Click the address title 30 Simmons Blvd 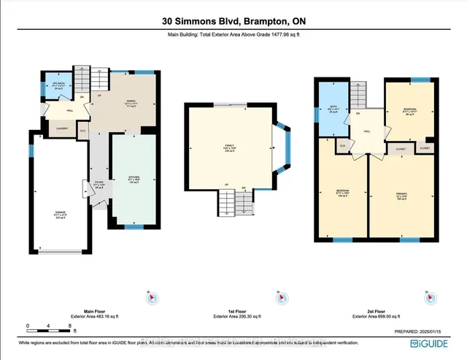(233, 21)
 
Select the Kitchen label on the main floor (134, 178)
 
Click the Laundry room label (42, 128)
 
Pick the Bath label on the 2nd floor (332, 107)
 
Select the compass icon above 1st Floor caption (277, 296)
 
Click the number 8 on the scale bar (69, 325)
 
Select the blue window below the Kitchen (133, 227)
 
